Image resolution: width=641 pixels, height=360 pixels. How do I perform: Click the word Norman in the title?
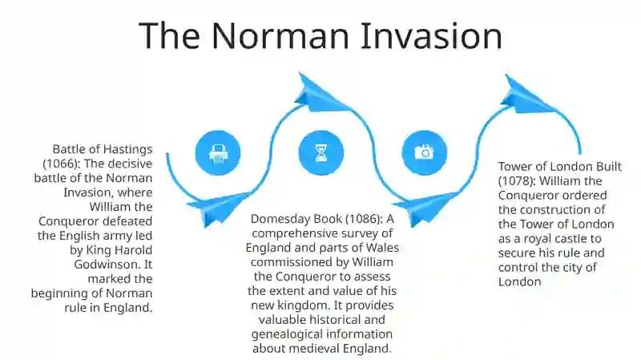click(280, 35)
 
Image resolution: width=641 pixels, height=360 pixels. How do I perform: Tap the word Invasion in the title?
click(431, 35)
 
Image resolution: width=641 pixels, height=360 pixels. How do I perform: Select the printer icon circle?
click(218, 153)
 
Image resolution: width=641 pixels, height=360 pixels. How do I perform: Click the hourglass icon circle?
click(321, 153)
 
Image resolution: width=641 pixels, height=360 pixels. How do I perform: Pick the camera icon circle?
click(425, 153)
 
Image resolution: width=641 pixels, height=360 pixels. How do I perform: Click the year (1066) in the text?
click(62, 164)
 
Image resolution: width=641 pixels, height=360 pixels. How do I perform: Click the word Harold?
click(133, 250)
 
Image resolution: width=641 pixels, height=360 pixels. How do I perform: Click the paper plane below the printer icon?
click(220, 208)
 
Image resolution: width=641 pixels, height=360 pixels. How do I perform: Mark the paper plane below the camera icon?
click(426, 208)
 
